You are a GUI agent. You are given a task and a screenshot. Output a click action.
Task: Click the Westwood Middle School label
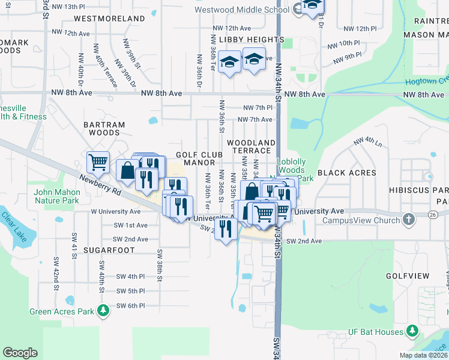click(243, 10)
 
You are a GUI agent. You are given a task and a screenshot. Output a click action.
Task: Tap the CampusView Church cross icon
click(409, 220)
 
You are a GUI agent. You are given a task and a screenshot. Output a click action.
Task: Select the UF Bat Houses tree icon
click(412, 331)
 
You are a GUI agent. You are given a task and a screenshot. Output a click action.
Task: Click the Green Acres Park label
click(62, 311)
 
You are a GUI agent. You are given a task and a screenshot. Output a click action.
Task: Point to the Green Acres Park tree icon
click(104, 311)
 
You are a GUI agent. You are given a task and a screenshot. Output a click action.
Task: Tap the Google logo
click(20, 353)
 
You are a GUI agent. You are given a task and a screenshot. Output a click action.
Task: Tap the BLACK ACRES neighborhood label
click(347, 173)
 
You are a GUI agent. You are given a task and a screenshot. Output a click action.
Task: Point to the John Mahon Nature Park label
click(57, 196)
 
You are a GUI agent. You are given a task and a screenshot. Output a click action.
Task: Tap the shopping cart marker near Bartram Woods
click(97, 161)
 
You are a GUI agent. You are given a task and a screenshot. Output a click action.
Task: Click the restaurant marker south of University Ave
click(226, 229)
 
